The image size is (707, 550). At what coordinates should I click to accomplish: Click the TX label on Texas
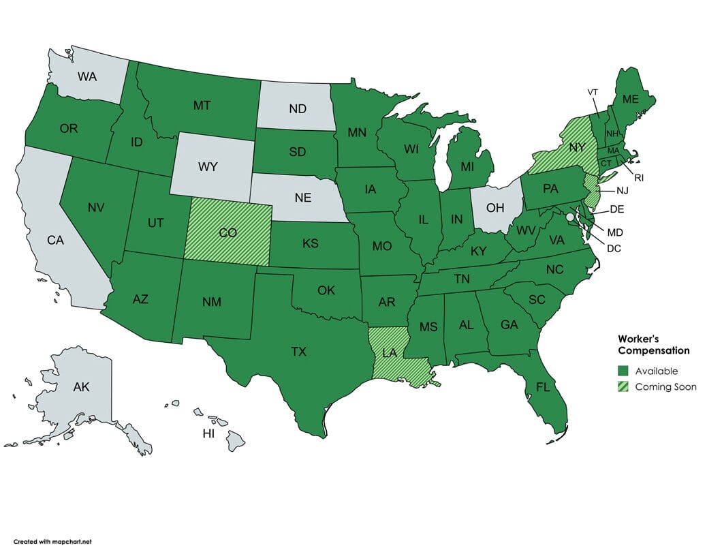[298, 352]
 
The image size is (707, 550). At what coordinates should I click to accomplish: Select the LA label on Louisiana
[390, 352]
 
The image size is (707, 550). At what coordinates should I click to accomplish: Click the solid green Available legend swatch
[623, 371]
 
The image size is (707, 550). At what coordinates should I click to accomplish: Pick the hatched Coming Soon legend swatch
[623, 386]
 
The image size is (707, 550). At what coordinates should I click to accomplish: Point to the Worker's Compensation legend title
[653, 344]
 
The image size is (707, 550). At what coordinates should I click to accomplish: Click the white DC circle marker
[570, 216]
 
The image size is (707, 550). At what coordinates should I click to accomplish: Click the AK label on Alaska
[81, 387]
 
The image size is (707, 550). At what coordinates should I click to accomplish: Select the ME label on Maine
[630, 99]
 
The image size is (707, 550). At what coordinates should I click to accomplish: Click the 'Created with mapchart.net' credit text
[52, 541]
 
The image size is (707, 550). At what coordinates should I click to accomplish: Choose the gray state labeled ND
[297, 108]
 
